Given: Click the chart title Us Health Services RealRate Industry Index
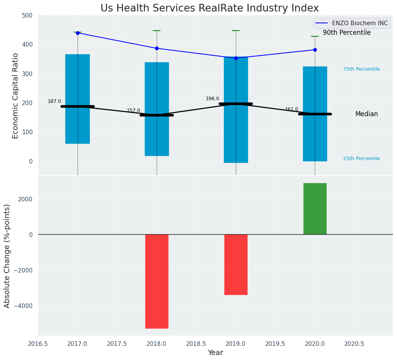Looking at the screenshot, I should click(209, 8).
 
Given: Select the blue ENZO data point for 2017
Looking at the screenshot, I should click(78, 33).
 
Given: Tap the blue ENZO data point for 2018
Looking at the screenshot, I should click(157, 49).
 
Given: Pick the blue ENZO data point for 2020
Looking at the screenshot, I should click(315, 50).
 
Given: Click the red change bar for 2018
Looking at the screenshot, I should click(157, 281).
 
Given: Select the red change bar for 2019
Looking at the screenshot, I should click(236, 264).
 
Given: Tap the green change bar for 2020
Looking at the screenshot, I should click(315, 209).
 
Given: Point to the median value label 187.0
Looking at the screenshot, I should click(54, 101).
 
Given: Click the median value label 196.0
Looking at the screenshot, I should click(212, 99).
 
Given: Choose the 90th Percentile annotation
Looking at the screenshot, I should click(347, 33).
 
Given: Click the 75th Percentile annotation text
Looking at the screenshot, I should click(361, 69).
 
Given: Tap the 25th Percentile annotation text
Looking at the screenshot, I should click(361, 159).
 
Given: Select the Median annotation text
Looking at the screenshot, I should click(366, 114).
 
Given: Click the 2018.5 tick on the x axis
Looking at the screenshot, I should click(196, 344).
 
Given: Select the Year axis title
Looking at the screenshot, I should click(215, 353).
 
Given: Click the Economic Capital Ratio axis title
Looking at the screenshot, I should click(16, 96).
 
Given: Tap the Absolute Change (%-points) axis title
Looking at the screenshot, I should click(7, 256).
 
